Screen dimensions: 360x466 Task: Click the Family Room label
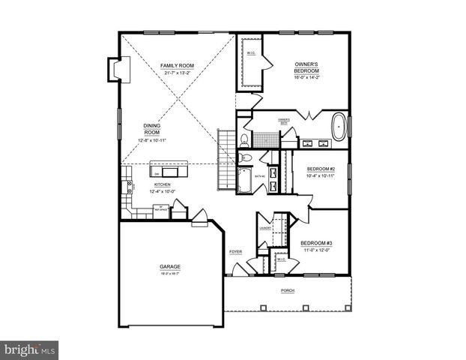[178, 66]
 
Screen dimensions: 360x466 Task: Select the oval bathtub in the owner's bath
[339, 128]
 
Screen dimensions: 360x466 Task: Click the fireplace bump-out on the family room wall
[117, 70]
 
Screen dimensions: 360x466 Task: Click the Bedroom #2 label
[320, 169]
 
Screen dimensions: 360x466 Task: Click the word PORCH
[288, 290]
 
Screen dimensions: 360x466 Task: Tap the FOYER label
[234, 252]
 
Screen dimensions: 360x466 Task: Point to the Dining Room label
[152, 129]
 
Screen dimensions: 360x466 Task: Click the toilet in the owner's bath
[244, 139]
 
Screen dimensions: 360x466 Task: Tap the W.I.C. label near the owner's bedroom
[251, 52]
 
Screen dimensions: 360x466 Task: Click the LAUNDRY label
[265, 228]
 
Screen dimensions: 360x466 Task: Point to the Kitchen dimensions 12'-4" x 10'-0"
[162, 191]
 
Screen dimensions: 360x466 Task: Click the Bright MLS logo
[29, 349]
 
